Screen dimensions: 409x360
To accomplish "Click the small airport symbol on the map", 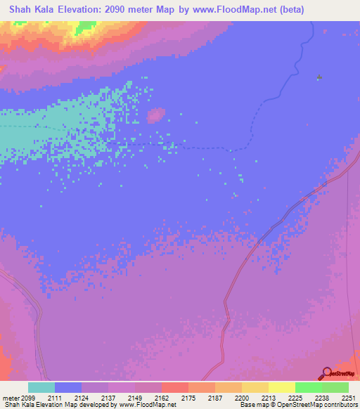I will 320,77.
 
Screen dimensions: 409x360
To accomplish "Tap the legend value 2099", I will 28,398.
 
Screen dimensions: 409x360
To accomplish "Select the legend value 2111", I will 55,398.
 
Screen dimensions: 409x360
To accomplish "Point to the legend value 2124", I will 82,398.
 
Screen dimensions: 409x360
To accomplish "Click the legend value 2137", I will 108,398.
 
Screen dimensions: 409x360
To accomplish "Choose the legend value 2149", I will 135,398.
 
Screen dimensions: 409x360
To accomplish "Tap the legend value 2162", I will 162,398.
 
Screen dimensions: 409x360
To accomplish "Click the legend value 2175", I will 188,398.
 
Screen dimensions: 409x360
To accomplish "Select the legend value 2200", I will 242,398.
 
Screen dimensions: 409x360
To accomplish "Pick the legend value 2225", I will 295,398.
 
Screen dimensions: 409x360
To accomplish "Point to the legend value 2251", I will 348,398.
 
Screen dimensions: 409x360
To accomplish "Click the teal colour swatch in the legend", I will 41,387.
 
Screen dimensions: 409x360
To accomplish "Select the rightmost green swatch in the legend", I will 335,387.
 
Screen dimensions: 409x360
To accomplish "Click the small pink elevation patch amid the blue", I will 156,115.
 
